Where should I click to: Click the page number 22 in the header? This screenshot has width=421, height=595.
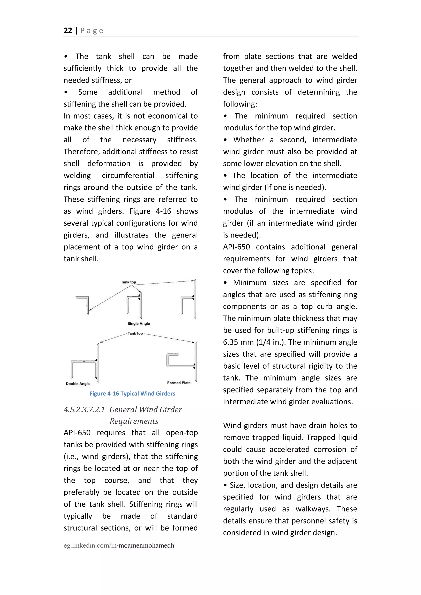tap(68, 31)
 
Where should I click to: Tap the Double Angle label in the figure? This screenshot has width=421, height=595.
tap(77, 384)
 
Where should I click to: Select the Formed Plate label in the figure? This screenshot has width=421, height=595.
tap(179, 383)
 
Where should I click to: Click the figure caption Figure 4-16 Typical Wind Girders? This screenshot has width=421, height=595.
tap(132, 393)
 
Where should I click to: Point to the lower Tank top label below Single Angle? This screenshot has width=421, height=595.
tap(135, 333)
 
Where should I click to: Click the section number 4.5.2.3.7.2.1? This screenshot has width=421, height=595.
tap(84, 410)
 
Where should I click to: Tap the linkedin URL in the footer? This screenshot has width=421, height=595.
tap(119, 545)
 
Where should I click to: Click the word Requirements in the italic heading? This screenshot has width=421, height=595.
tap(134, 421)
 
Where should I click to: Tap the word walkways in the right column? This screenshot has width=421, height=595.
tap(313, 509)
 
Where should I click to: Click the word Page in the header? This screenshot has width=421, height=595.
tap(92, 31)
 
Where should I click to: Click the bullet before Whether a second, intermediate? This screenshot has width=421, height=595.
tap(225, 140)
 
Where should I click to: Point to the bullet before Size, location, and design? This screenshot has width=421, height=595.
tap(225, 485)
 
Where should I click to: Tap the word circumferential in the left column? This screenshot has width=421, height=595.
tap(128, 175)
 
